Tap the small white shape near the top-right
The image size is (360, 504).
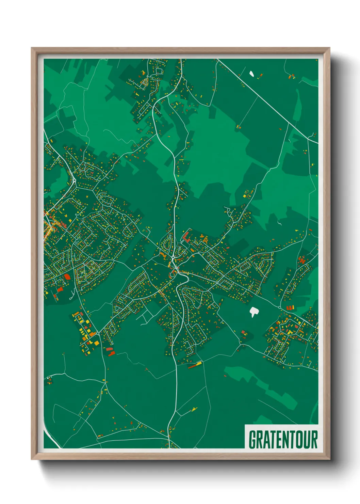(x=252, y=73)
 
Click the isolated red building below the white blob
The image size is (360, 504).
(x=243, y=332)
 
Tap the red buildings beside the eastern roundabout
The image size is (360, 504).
(x=290, y=308)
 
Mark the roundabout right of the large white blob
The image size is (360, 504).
(x=280, y=307)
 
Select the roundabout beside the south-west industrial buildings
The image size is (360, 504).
(x=98, y=332)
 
